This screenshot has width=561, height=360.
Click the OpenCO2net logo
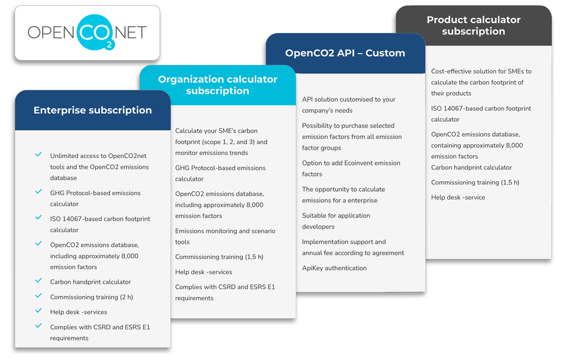point(87,33)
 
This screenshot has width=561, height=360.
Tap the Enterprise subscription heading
point(93,110)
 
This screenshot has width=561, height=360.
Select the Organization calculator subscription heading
point(218,85)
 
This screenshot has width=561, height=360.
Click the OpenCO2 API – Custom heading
point(345,53)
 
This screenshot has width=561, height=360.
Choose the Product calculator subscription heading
point(473,25)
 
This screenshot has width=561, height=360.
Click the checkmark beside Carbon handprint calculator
point(39,281)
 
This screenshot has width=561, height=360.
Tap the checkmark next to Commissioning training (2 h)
point(39,296)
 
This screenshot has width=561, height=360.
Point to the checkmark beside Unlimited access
point(39,155)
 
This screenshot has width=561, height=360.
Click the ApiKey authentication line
point(334,268)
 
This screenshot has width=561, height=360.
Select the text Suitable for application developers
point(335,221)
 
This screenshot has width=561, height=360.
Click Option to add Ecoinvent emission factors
point(351,168)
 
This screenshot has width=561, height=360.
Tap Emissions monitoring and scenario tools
point(225,236)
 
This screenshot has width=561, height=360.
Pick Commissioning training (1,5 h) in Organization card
point(219,257)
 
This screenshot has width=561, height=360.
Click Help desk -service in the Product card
point(458,197)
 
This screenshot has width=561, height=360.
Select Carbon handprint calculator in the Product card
point(471,167)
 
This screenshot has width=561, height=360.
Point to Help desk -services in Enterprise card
point(79,312)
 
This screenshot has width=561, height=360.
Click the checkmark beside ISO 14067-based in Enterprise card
point(39,218)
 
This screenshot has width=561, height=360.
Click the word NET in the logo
point(131,33)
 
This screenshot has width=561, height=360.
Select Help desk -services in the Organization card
point(204,272)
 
